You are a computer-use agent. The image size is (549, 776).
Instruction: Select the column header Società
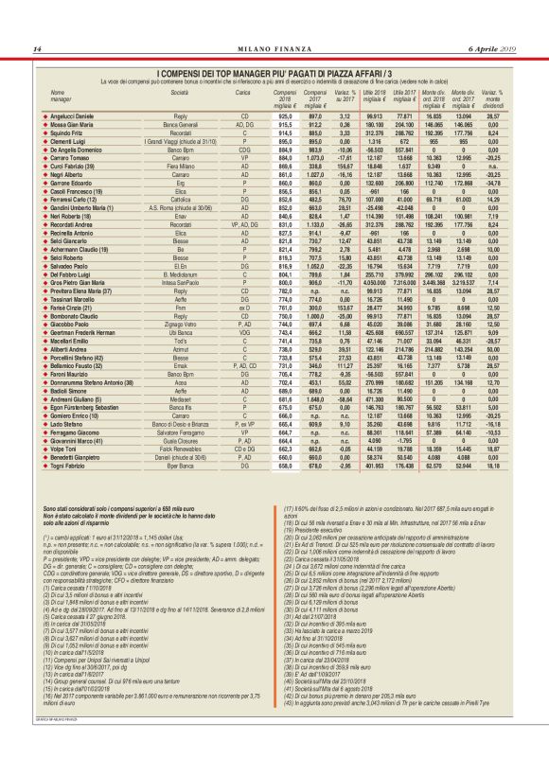180,93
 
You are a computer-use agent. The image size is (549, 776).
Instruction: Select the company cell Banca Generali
180,124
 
